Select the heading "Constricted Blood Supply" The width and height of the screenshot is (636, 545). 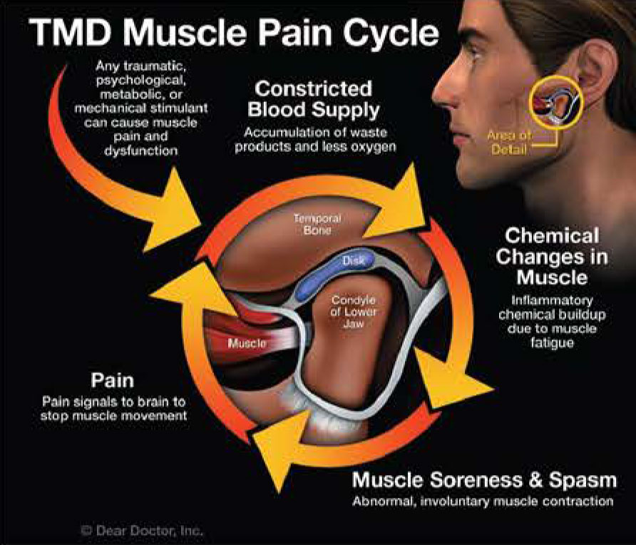[x=313, y=101]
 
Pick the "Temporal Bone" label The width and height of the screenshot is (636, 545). [x=317, y=223]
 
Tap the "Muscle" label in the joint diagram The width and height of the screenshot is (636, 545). [x=247, y=344]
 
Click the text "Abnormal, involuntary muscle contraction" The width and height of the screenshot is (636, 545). [x=483, y=501]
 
